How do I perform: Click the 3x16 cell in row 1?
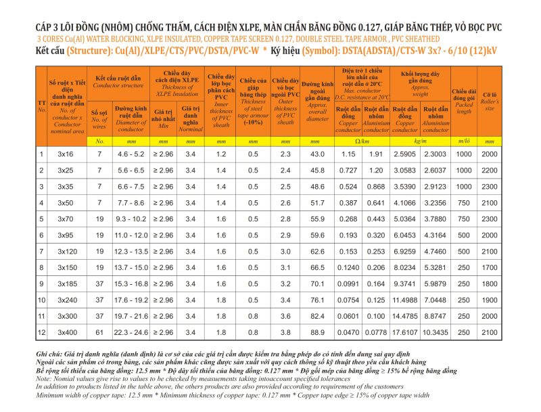66,154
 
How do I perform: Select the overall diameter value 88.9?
314,332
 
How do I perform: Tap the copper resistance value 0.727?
349,170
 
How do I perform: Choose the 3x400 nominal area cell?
66,332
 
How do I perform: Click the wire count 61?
99,332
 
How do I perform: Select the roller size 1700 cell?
490,267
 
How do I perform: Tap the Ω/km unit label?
362,141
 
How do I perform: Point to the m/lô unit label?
464,141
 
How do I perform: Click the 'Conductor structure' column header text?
119,85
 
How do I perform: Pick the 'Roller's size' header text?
490,104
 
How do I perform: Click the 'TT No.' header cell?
41,104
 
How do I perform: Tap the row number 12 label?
41,332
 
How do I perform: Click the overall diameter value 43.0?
314,154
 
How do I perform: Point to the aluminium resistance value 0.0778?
376,332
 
